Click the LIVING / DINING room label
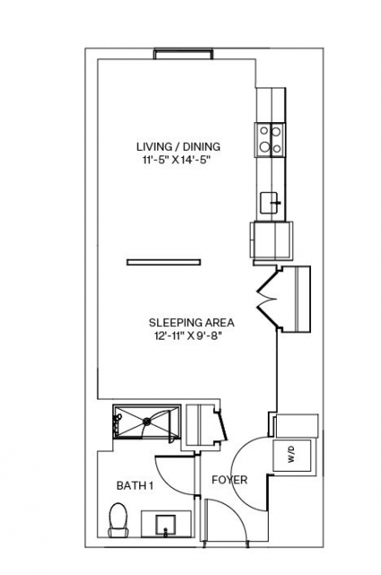pyautogui.click(x=179, y=146)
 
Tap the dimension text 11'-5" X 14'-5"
pyautogui.click(x=178, y=160)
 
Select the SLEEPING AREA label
pyautogui.click(x=191, y=323)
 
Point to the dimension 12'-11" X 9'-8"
pyautogui.click(x=189, y=336)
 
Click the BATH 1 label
pyautogui.click(x=135, y=486)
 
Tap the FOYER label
pyautogui.click(x=229, y=480)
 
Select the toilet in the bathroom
pyautogui.click(x=118, y=520)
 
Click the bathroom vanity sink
pyautogui.click(x=166, y=525)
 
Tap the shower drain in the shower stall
pyautogui.click(x=147, y=421)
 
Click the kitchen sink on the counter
pyautogui.click(x=270, y=203)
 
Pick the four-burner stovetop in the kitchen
pyautogui.click(x=270, y=140)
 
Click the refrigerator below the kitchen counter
pyautogui.click(x=271, y=240)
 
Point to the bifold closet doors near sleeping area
pyautogui.click(x=268, y=299)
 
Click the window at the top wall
pyautogui.click(x=183, y=54)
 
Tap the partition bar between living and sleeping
pyautogui.click(x=164, y=261)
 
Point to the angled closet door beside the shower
pyautogui.click(x=222, y=425)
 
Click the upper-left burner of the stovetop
pyautogui.click(x=263, y=130)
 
